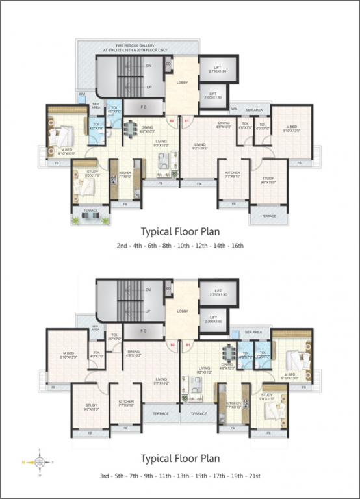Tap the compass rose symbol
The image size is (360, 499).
[x=40, y=462]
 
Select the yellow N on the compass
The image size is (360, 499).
[x=24, y=462]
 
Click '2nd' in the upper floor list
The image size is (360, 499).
[x=122, y=246]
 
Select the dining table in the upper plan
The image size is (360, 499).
[x=131, y=126]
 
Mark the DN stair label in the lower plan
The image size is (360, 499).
[x=148, y=290]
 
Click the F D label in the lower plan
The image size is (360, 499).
[x=144, y=331]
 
